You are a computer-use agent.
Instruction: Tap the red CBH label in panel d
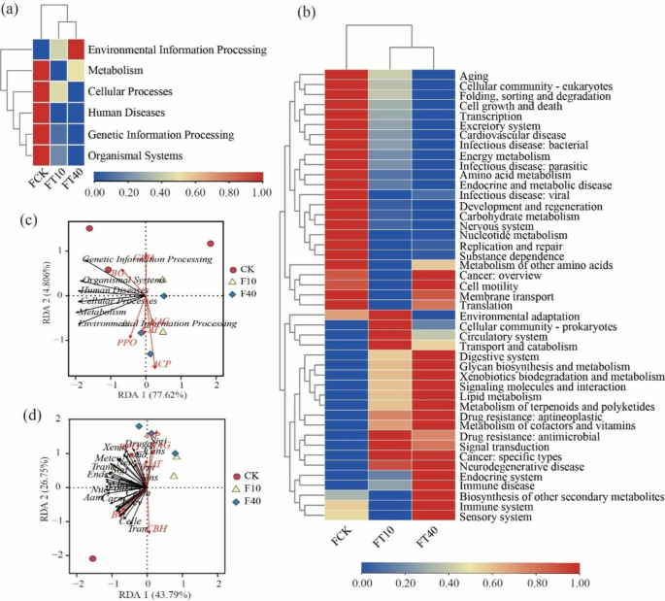pos(155,528)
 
